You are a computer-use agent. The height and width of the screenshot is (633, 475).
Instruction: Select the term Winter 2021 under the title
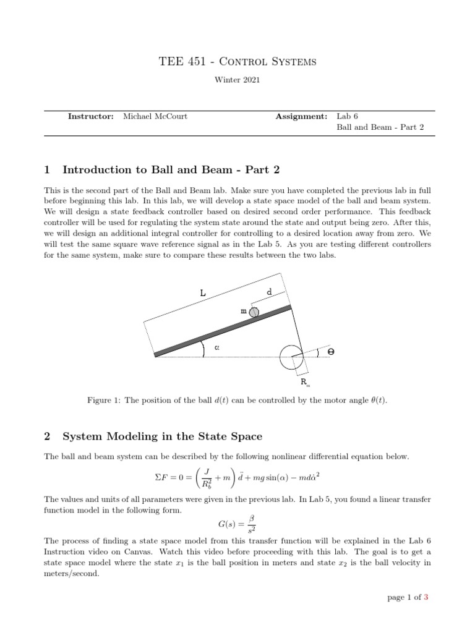(x=237, y=79)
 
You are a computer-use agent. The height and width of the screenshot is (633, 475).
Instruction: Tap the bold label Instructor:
(x=91, y=116)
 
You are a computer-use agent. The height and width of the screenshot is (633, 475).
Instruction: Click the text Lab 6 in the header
(x=347, y=116)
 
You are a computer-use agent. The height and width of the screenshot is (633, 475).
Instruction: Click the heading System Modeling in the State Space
(x=162, y=436)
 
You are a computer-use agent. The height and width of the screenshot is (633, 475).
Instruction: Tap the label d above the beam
(x=269, y=291)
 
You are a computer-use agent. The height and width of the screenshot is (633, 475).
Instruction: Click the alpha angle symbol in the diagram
(x=217, y=347)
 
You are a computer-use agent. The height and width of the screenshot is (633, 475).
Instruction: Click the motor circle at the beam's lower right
(x=291, y=357)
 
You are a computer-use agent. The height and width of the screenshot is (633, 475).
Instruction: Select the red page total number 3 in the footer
(x=426, y=597)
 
